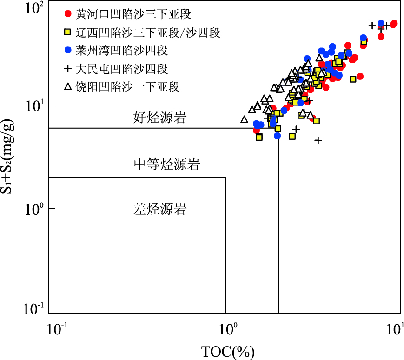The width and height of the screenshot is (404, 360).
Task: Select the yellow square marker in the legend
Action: pos(68,32)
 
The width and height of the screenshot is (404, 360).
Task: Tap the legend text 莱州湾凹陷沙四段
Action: pos(121,50)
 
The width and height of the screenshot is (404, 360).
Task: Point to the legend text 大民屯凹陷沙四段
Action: pos(121,69)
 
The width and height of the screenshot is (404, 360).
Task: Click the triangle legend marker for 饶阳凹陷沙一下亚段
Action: pos(68,86)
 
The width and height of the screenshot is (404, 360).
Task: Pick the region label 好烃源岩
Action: pos(159,118)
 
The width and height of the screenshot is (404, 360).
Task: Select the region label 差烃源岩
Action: pos(159,209)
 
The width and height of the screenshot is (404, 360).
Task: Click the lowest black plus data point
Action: pos(318,140)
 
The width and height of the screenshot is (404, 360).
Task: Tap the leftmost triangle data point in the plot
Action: pos(245,119)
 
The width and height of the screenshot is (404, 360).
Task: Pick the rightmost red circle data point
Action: pos(393,24)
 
